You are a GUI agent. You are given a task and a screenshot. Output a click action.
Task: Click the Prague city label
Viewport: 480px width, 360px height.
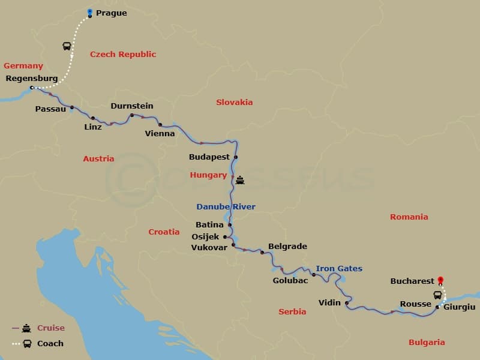(x=111, y=13)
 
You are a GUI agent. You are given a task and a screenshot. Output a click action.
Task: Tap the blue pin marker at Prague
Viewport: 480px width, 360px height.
(x=89, y=12)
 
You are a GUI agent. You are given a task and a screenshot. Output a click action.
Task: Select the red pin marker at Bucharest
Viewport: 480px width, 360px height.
(x=440, y=280)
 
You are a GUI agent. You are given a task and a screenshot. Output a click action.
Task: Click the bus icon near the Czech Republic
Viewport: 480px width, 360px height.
(x=67, y=46)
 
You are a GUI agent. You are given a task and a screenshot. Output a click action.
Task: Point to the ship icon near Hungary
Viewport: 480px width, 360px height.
(x=240, y=179)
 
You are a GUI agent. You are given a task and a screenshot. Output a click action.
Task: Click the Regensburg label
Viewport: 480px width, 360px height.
(x=31, y=78)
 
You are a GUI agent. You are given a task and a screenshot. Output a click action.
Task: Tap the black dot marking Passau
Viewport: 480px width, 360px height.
(x=72, y=108)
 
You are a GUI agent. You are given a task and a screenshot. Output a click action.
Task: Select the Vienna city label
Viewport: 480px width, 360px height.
(x=160, y=133)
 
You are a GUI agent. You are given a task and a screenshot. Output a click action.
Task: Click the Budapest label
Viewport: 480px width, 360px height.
(x=209, y=157)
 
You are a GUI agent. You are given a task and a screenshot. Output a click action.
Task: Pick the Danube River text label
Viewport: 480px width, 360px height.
(x=226, y=206)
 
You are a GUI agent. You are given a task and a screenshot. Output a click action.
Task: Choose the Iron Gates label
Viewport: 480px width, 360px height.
(x=339, y=268)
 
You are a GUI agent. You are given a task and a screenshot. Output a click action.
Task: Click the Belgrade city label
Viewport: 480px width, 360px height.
(x=287, y=246)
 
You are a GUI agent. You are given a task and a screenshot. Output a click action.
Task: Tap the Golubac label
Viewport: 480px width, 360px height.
(x=291, y=280)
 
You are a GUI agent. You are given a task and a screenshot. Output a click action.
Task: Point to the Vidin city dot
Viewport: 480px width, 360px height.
(x=347, y=303)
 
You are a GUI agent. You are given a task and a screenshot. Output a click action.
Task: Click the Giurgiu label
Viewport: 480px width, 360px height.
(x=460, y=307)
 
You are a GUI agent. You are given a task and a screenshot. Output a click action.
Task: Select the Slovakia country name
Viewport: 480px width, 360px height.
(x=235, y=102)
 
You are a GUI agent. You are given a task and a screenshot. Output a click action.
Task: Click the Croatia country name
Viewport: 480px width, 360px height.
(x=164, y=232)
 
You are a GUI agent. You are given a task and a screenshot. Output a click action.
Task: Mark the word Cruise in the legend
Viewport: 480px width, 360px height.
(x=50, y=328)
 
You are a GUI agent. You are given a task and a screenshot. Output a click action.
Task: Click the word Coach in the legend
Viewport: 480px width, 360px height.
(x=50, y=344)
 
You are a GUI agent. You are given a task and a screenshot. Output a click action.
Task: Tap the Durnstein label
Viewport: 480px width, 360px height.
(x=132, y=106)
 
